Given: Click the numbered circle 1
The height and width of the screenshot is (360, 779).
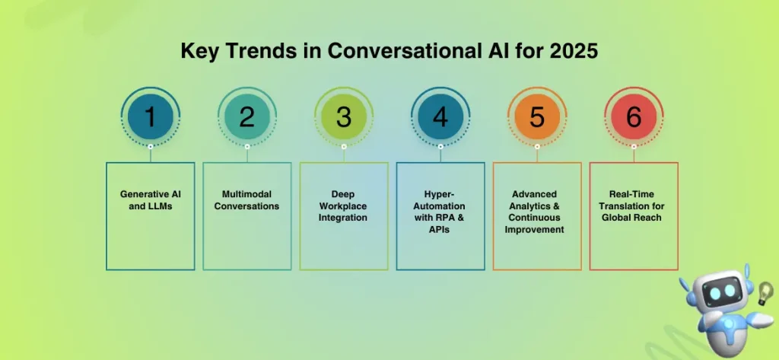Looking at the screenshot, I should click(x=151, y=117).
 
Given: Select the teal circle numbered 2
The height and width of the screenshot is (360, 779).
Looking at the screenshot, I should click(x=247, y=117).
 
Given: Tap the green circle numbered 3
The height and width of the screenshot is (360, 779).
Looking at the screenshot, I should click(x=344, y=117).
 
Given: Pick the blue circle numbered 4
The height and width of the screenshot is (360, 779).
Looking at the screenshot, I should click(x=440, y=117).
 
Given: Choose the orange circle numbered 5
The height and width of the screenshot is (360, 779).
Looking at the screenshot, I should click(x=537, y=117).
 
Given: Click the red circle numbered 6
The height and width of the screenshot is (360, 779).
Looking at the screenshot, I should click(x=634, y=117).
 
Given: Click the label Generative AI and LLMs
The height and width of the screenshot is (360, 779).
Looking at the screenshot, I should click(x=151, y=199).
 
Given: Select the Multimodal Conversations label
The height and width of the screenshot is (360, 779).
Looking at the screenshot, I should click(x=247, y=200).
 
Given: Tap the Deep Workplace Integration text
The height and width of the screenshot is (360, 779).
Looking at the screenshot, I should click(x=344, y=205).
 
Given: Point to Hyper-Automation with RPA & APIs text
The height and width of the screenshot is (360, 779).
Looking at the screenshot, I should click(x=440, y=212).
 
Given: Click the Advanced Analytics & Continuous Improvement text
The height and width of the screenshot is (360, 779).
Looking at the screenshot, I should click(x=537, y=212).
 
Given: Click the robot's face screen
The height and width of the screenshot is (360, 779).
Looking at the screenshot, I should click(x=720, y=293).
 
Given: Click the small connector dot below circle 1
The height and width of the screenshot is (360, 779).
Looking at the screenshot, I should click(x=151, y=146).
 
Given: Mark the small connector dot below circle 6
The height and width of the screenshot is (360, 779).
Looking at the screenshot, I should click(x=634, y=146).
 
